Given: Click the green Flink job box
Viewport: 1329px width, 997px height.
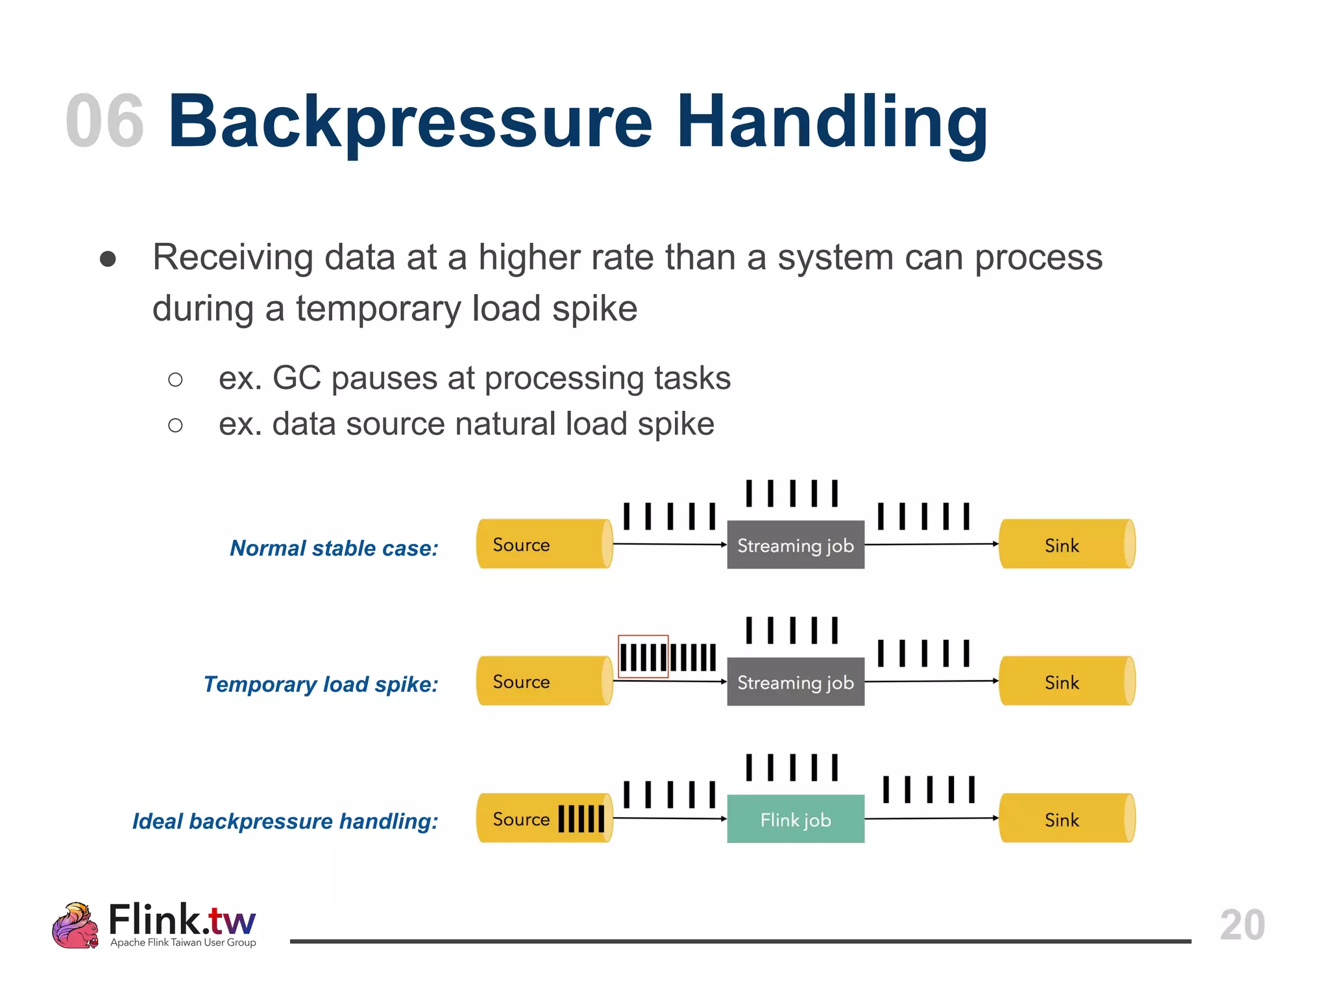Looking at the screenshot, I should coord(796,819).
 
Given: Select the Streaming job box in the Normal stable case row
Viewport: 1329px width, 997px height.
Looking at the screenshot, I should coord(796,545).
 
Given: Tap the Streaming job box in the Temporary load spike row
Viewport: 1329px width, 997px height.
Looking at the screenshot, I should coord(796,682).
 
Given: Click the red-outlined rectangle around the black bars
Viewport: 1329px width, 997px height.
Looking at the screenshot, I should coord(643,656).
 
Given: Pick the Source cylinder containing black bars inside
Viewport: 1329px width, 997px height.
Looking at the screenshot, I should coord(544,818).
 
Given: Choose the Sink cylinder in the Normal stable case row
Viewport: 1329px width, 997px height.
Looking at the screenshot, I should coord(1067,544).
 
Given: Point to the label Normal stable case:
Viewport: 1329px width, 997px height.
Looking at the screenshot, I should coord(334,548).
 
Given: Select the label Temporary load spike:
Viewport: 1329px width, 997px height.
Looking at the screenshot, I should coord(321,684).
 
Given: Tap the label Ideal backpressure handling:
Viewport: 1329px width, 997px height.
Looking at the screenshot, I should coord(285,821).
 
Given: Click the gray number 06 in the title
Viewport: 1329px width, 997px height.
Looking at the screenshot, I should coord(104,121).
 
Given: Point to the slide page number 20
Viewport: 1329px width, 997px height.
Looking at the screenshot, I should coord(1242,924).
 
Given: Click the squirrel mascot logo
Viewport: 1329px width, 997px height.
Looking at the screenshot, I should coord(75,926).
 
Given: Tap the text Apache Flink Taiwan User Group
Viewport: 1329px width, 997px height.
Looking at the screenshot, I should coord(183,942).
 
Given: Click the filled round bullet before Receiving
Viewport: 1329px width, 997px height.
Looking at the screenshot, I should coord(108,259).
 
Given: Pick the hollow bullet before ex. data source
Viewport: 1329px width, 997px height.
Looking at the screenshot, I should coord(175,425).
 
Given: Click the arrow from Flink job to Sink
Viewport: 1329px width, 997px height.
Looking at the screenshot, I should coord(931,819).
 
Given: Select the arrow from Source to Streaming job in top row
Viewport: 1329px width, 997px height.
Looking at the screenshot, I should coord(669,544).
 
